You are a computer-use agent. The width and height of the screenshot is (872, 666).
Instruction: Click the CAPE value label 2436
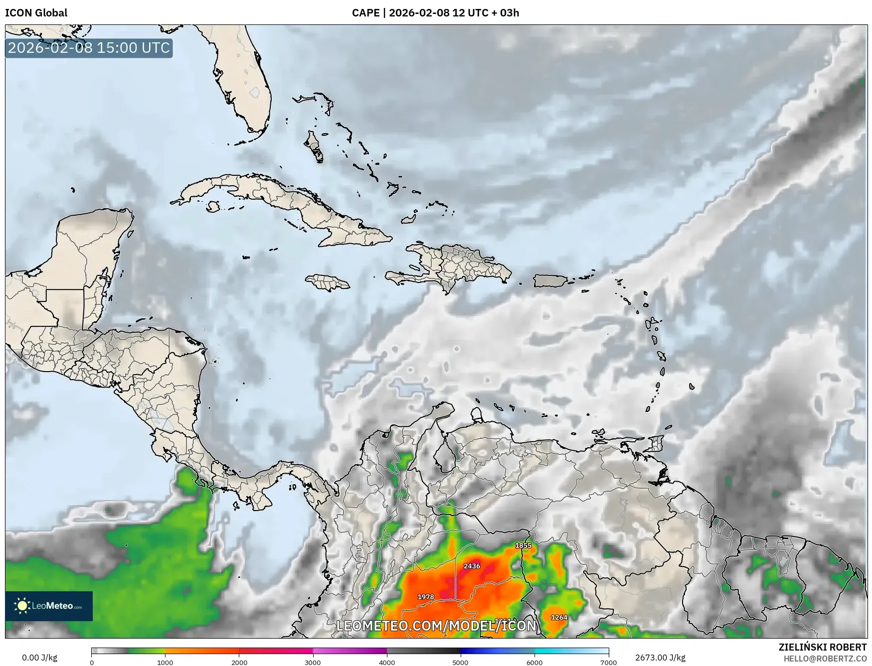[x=472, y=566]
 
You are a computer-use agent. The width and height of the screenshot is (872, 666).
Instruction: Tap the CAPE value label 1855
[x=523, y=545]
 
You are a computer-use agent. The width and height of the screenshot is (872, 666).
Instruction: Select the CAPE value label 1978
[x=426, y=597]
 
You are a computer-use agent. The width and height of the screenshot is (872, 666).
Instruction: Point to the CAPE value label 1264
[x=559, y=617]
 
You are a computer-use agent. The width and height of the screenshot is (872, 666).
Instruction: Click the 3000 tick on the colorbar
[x=313, y=662]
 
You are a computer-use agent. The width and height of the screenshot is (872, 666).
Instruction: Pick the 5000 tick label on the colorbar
[x=460, y=663]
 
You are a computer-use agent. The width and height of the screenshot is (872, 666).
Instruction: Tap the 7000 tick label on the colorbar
[x=608, y=663]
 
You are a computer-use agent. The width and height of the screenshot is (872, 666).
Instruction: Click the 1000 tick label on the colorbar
[x=165, y=663]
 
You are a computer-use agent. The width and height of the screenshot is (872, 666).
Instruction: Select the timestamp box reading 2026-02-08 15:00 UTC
[x=89, y=48]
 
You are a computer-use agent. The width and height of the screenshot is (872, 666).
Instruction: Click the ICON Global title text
[x=36, y=12]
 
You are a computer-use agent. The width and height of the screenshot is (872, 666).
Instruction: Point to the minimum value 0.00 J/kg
[x=39, y=658]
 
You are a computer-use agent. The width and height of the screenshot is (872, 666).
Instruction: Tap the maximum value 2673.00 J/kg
[x=660, y=658]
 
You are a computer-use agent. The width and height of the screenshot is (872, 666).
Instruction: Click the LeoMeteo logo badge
[x=49, y=606]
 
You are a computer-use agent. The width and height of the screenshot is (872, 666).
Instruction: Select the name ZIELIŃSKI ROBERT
[x=823, y=647]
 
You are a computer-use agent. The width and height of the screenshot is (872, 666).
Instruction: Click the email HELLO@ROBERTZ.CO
[x=825, y=659]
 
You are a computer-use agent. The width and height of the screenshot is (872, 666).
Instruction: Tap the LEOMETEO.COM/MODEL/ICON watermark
[x=436, y=626]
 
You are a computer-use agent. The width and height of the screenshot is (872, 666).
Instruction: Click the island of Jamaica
[x=328, y=282]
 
